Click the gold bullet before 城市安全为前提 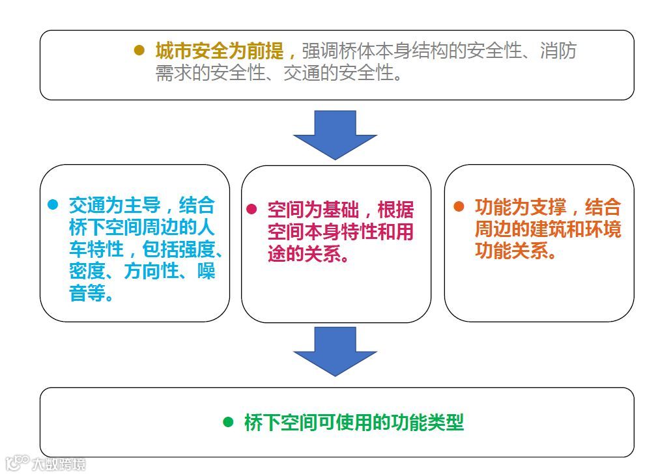point(139,50)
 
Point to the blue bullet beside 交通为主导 point(53,204)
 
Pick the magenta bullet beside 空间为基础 point(251,209)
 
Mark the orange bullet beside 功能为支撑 point(459,206)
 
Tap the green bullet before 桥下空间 point(228,422)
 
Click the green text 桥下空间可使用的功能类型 point(354,423)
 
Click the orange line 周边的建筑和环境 point(547,229)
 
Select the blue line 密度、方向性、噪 point(142,271)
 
